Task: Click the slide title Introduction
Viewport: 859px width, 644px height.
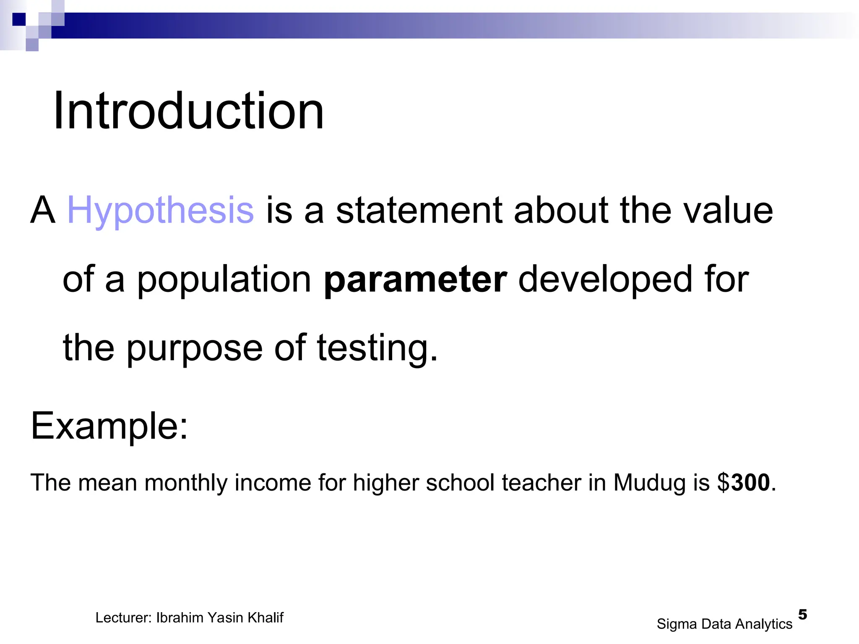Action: [188, 111]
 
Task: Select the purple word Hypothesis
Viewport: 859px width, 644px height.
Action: [160, 210]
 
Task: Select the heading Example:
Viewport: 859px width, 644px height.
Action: [109, 426]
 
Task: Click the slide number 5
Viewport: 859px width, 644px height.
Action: [802, 615]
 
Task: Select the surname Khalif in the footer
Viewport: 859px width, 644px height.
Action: [266, 618]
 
